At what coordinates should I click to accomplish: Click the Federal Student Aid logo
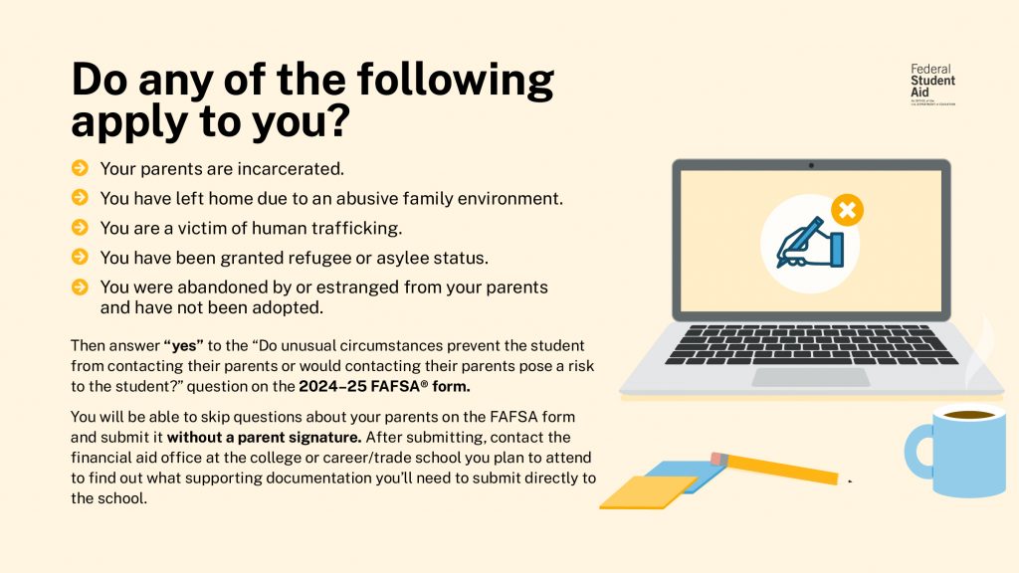coord(931,84)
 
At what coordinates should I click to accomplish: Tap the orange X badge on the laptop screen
coord(846,210)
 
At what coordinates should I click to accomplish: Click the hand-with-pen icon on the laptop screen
coord(809,245)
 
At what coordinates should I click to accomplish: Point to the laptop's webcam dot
coord(811,165)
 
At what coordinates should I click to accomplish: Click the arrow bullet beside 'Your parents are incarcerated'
coord(80,169)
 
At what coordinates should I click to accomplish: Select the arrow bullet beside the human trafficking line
coord(80,228)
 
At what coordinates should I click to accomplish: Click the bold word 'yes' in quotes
coord(183,346)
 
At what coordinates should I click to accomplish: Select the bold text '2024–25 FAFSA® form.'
coord(385,386)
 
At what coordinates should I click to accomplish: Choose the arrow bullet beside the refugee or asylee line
coord(80,258)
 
